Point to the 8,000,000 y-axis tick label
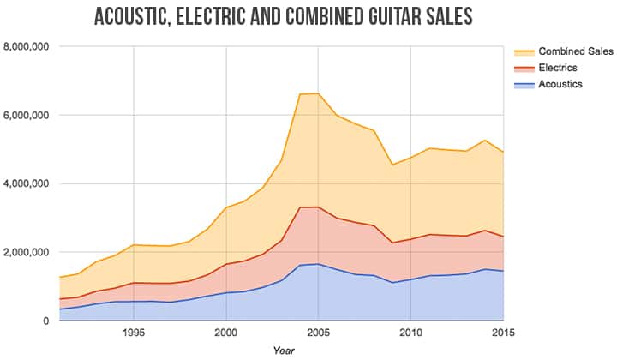coord(27,46)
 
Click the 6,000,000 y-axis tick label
coord(27,115)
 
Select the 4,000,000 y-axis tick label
coord(27,183)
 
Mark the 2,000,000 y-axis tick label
coord(27,252)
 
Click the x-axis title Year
coord(283,351)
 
